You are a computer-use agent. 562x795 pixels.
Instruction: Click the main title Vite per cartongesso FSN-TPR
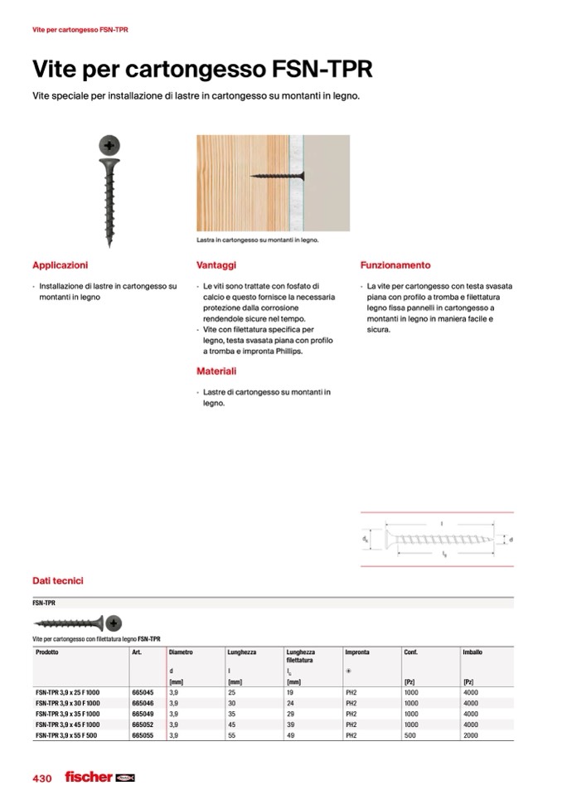201,69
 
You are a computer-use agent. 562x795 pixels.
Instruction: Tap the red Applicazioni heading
60,265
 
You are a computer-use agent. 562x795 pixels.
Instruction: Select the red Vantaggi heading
216,265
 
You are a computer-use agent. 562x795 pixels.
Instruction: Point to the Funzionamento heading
395,265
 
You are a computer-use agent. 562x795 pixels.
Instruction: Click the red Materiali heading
216,371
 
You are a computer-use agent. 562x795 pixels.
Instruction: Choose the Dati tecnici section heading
57,581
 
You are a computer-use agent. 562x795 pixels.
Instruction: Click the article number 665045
143,691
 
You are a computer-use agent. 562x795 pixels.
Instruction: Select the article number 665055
143,734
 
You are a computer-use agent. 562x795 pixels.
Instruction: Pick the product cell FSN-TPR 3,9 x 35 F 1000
68,713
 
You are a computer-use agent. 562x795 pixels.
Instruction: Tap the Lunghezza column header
242,652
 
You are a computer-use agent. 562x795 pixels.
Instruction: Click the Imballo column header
472,652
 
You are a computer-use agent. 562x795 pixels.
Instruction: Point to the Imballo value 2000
471,734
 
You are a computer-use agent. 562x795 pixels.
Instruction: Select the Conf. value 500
410,734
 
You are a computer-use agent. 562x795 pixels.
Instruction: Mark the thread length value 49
290,734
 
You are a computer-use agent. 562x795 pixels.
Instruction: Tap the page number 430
42,778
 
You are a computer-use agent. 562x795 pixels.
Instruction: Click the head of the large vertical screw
109,146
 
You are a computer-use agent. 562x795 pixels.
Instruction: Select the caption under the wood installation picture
258,240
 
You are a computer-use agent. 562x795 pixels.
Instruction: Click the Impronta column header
357,652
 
